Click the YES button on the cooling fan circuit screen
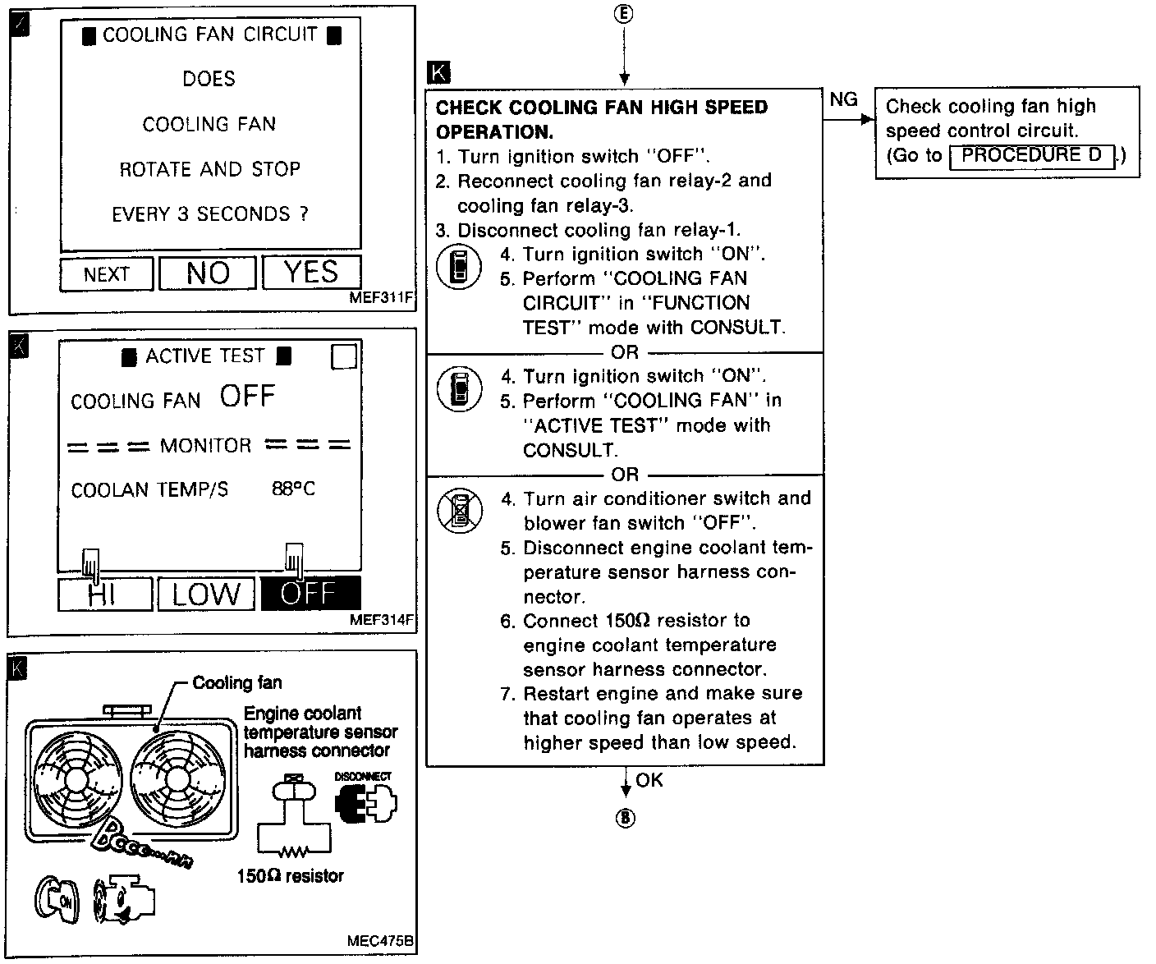click(x=311, y=273)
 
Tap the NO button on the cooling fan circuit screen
click(x=208, y=273)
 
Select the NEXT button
click(x=107, y=274)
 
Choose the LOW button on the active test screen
click(x=207, y=594)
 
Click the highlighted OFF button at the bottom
click(x=310, y=593)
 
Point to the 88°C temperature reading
click(x=293, y=489)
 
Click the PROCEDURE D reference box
click(x=1032, y=155)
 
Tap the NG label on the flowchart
click(x=843, y=100)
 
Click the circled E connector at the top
click(x=625, y=14)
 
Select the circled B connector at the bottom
click(x=626, y=818)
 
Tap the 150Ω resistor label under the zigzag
click(x=290, y=876)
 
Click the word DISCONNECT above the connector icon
click(x=363, y=776)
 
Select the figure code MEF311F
click(x=381, y=298)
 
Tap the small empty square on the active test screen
click(x=344, y=357)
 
